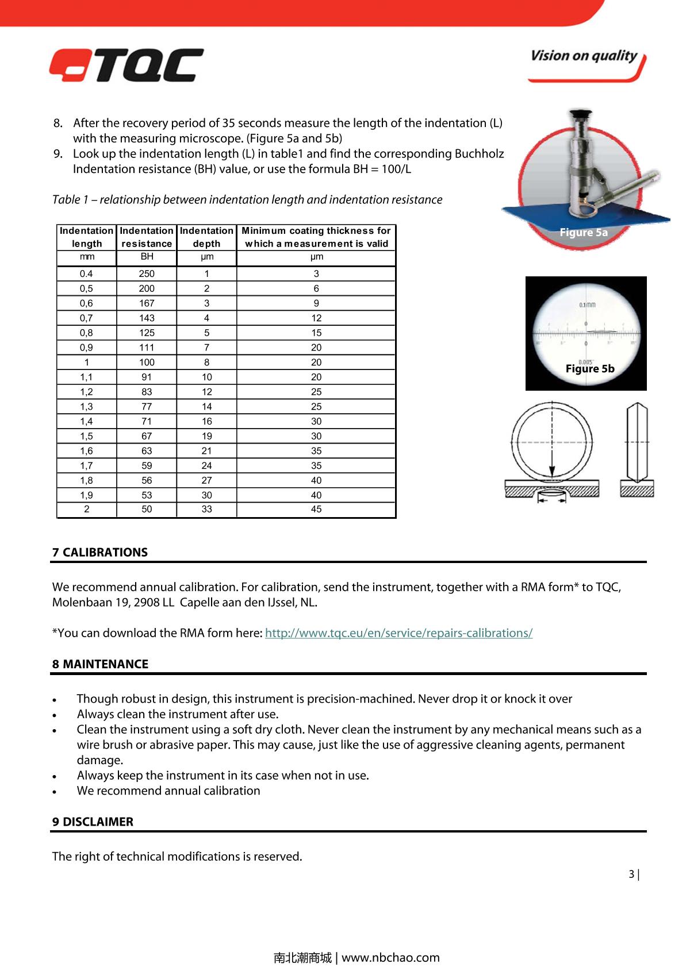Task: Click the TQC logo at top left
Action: click(126, 65)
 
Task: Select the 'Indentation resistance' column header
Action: click(147, 237)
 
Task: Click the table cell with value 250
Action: click(147, 274)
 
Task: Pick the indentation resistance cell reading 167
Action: click(147, 303)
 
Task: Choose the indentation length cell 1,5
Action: click(86, 436)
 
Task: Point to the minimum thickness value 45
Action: click(316, 509)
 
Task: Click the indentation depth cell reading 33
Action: click(206, 509)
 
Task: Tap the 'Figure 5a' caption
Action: click(584, 232)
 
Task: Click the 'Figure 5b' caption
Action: click(590, 369)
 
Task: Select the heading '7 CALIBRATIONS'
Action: click(100, 552)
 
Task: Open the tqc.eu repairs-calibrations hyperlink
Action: click(398, 633)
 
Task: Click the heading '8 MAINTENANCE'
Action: click(100, 664)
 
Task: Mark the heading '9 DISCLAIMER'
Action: click(93, 822)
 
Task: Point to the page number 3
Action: click(631, 874)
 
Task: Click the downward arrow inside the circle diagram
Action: click(551, 460)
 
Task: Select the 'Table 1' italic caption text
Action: click(247, 199)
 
